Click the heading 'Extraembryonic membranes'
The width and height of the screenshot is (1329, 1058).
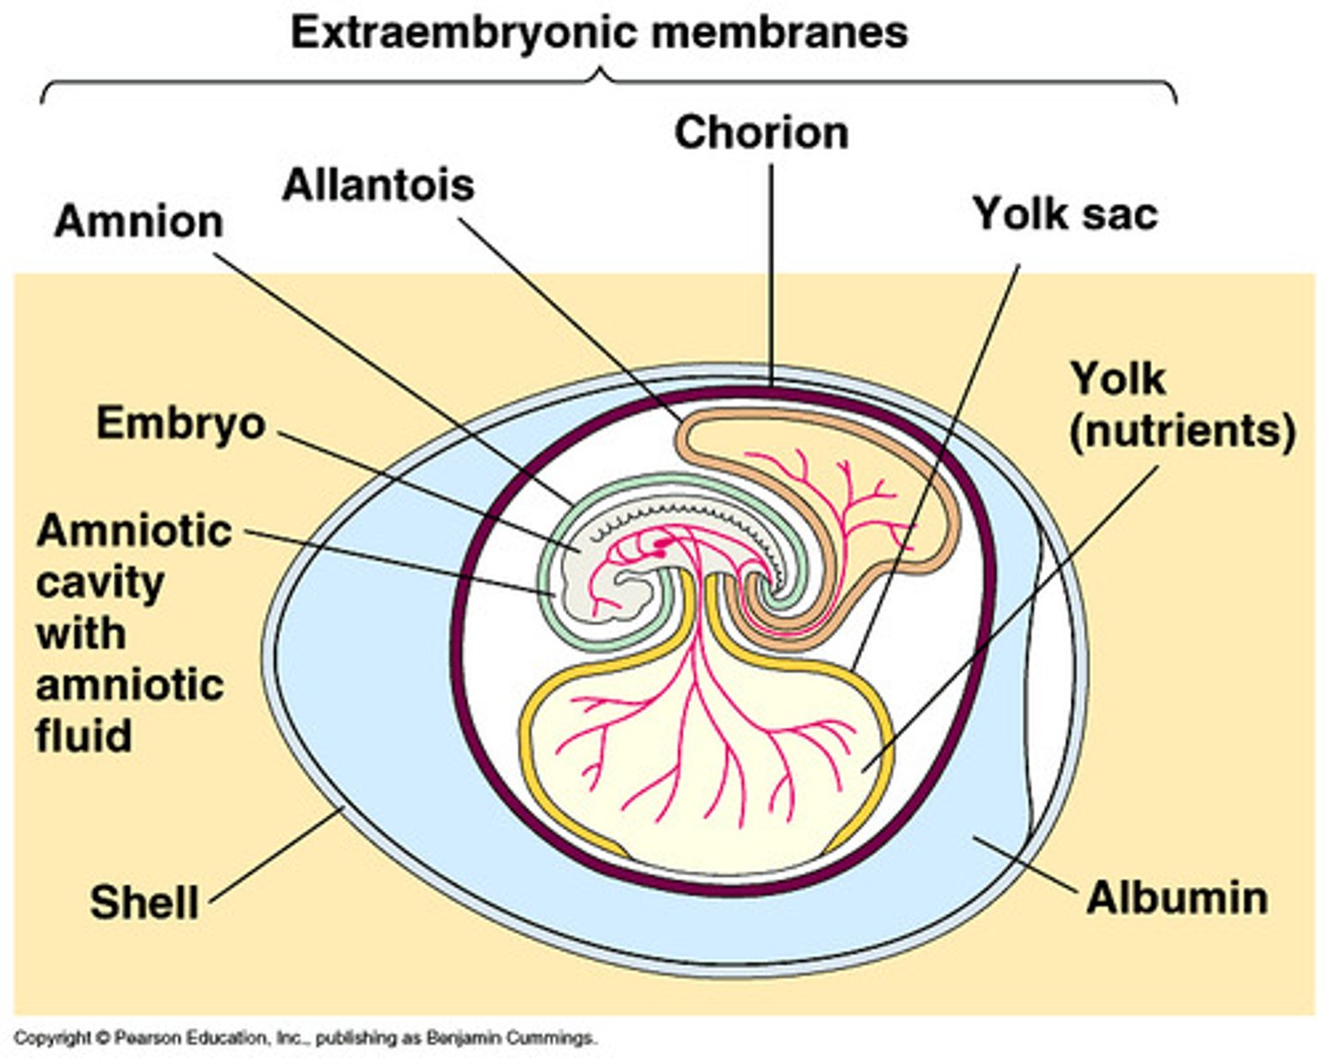pyautogui.click(x=599, y=33)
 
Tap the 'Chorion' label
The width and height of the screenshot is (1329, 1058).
pyautogui.click(x=760, y=133)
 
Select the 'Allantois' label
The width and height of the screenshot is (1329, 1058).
pyautogui.click(x=377, y=186)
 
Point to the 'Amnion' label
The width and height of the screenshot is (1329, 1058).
pyautogui.click(x=138, y=222)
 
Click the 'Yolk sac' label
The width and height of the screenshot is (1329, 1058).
pyautogui.click(x=1064, y=214)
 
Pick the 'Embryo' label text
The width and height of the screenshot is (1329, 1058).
pyautogui.click(x=181, y=424)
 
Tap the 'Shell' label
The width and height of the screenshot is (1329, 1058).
pyautogui.click(x=144, y=902)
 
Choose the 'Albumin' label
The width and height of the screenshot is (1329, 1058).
pyautogui.click(x=1177, y=898)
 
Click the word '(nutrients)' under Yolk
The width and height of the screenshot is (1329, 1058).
pyautogui.click(x=1181, y=431)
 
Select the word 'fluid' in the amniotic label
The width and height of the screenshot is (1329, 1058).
pyautogui.click(x=84, y=736)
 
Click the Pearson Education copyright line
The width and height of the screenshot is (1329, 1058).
pyautogui.click(x=305, y=1039)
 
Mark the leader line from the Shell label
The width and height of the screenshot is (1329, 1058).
pyautogui.click(x=277, y=854)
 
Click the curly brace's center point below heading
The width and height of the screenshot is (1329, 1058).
pyautogui.click(x=605, y=74)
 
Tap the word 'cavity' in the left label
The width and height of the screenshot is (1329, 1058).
pyautogui.click(x=101, y=583)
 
